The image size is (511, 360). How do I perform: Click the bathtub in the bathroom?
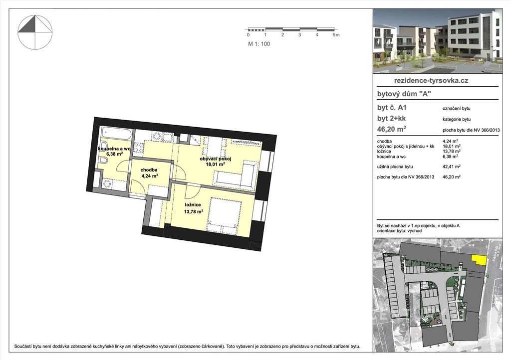(116, 133)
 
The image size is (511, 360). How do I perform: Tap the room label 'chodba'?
(149, 170)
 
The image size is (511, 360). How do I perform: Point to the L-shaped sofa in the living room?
(236, 176)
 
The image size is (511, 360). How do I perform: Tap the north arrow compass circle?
(34, 32)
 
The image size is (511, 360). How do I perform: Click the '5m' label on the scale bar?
(336, 35)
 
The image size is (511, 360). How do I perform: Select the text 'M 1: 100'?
(259, 44)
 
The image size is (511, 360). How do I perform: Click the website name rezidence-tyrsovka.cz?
(431, 80)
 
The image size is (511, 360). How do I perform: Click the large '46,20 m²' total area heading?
(391, 129)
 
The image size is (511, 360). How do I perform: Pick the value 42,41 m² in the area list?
(451, 167)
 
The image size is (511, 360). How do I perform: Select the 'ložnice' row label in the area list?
(384, 151)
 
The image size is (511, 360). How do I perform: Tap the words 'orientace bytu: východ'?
(399, 231)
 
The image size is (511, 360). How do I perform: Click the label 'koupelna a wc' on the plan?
(114, 149)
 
